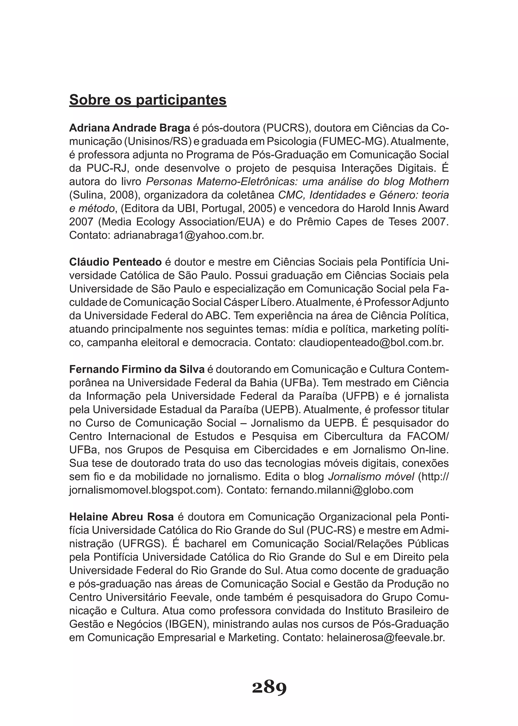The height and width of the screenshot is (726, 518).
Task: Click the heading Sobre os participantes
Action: point(148,100)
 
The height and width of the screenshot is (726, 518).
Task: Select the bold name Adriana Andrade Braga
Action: point(129,128)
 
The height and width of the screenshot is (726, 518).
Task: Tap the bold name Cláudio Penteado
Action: point(116,262)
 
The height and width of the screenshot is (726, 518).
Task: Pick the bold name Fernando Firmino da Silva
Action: point(137,369)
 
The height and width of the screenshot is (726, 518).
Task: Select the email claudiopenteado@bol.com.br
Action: point(371,342)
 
